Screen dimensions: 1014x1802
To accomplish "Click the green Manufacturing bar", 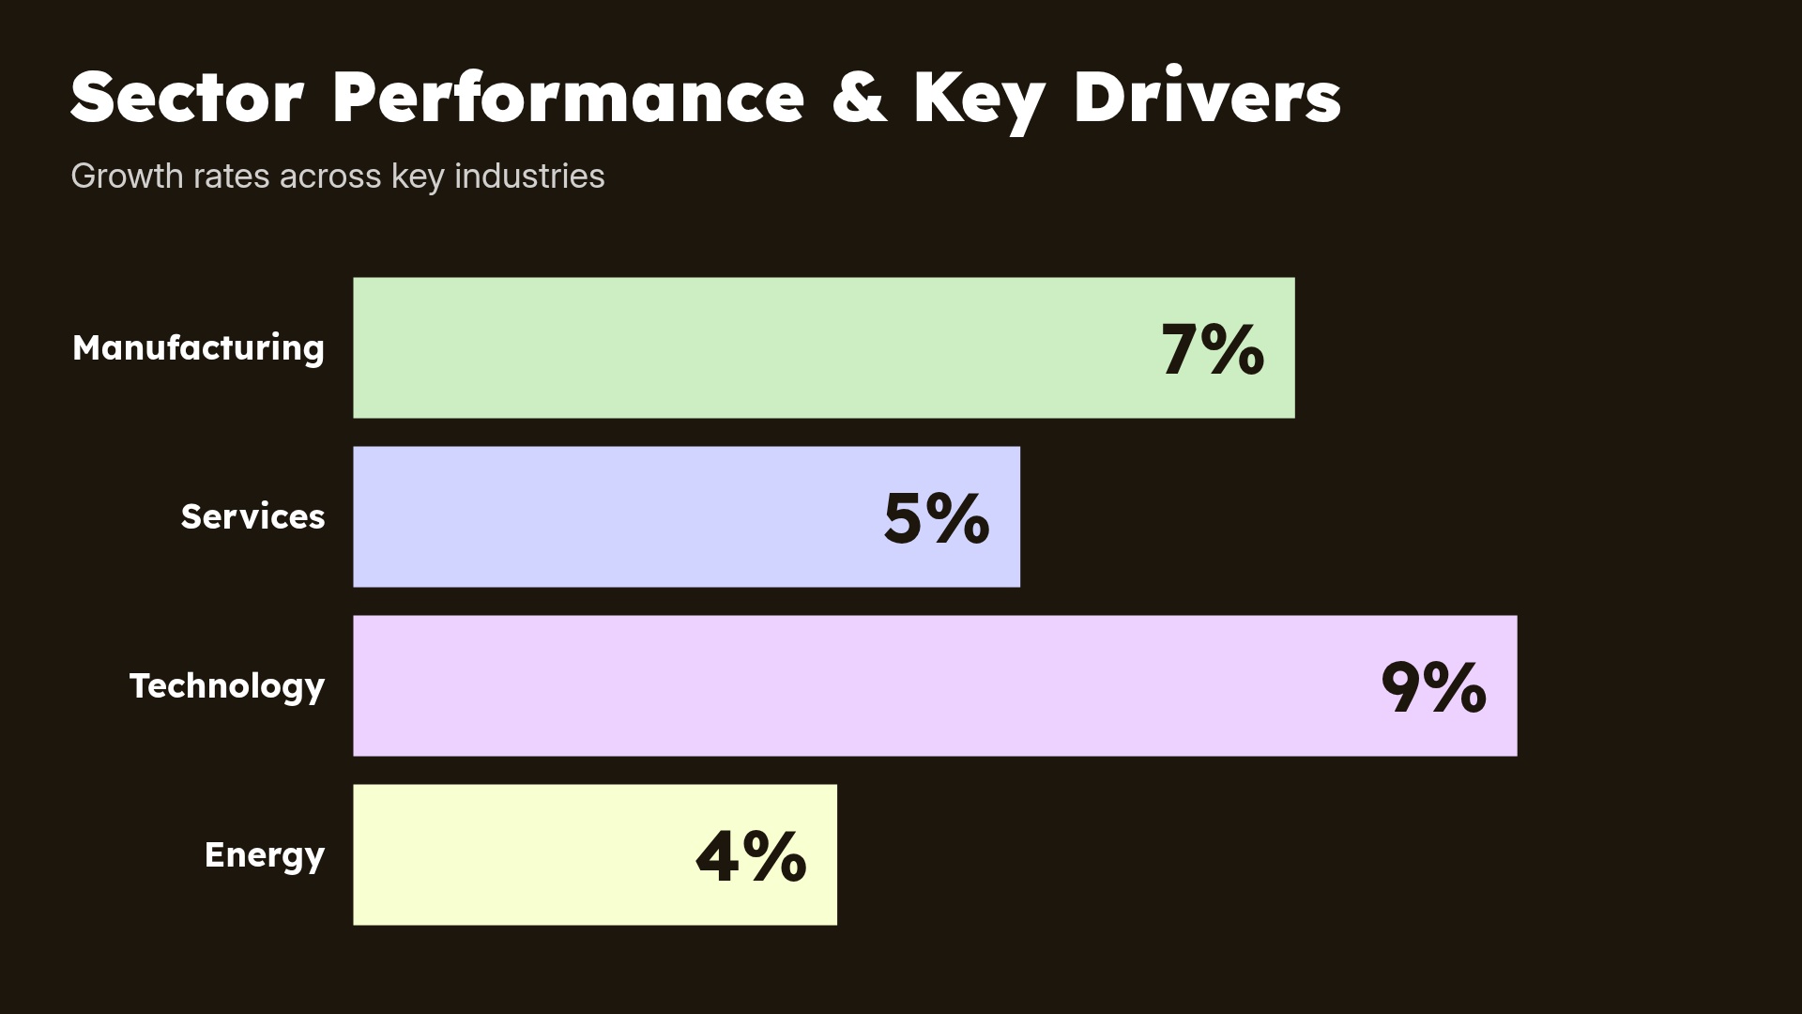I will click(751, 347).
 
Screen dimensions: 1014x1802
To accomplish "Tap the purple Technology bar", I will click(845, 685).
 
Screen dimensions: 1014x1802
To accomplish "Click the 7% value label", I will click(1213, 350).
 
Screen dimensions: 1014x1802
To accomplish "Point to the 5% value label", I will click(937, 518).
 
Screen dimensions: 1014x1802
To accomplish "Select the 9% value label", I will click(1433, 688).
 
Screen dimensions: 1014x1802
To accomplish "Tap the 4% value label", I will click(751, 856).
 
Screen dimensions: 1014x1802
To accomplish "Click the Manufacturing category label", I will click(198, 348).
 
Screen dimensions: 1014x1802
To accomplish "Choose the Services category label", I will click(252, 517).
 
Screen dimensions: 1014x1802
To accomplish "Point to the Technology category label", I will click(227, 686).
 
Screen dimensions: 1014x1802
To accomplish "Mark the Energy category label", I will click(265, 855).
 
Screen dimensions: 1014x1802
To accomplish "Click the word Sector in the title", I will click(187, 97).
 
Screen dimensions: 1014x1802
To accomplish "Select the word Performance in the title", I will click(568, 97).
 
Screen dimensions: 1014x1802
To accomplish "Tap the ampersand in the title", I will click(859, 97).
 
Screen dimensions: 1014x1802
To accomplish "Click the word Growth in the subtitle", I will click(127, 177).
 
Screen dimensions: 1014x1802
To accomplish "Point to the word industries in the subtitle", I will click(529, 177).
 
